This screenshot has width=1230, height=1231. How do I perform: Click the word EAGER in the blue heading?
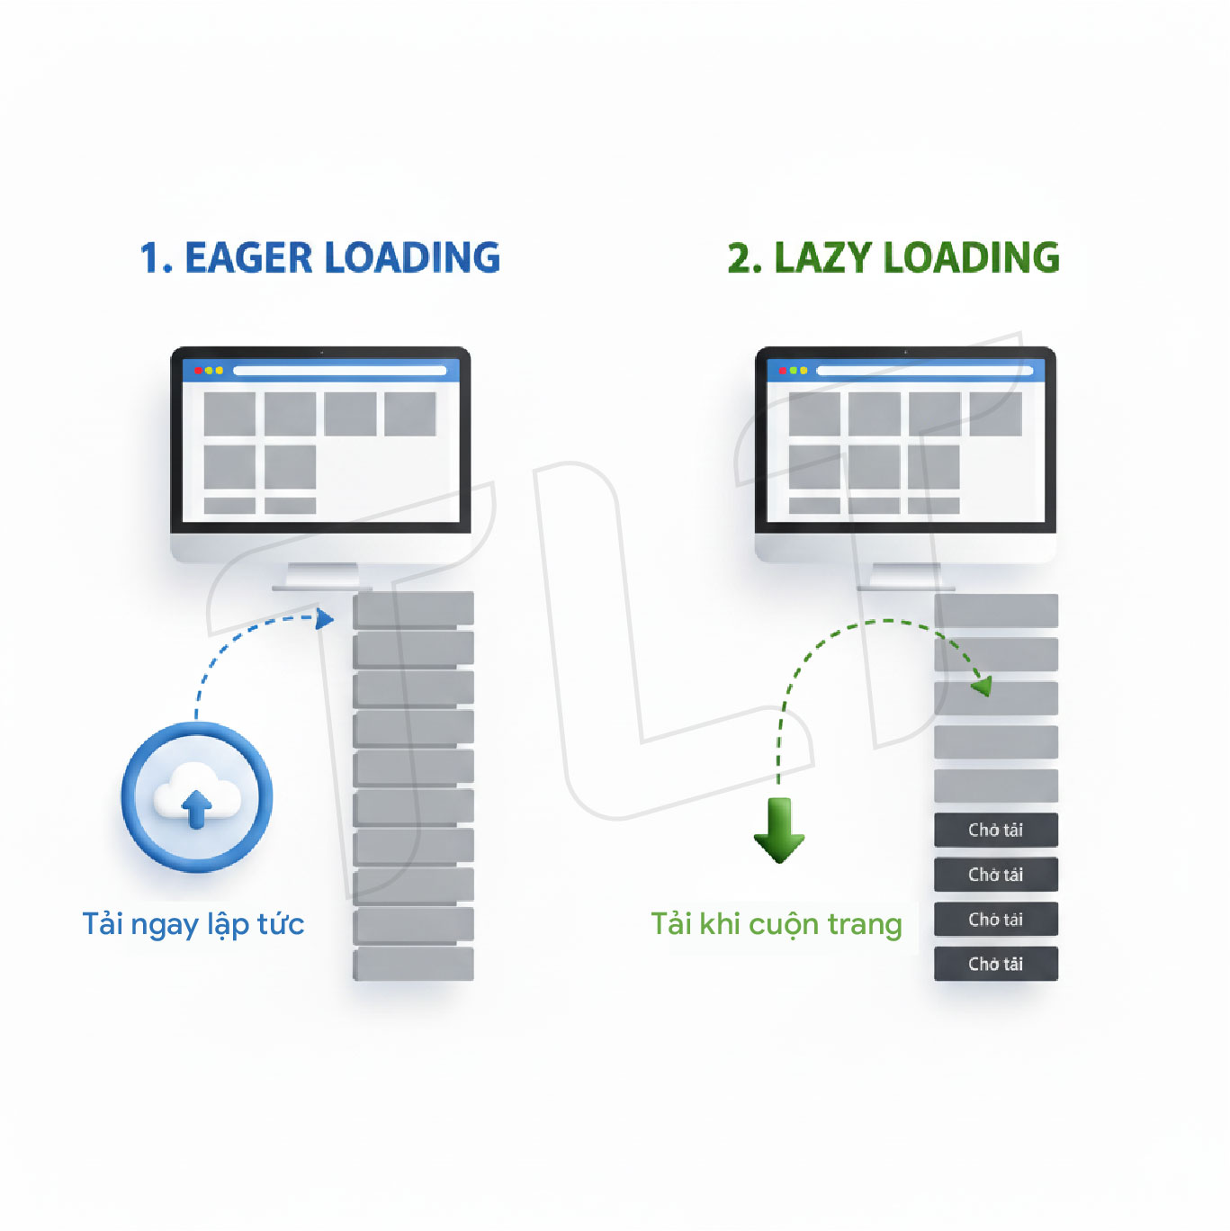pos(248,258)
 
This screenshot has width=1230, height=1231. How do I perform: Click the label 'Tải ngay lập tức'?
pos(193,924)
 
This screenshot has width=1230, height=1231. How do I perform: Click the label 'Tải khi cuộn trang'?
pos(777,924)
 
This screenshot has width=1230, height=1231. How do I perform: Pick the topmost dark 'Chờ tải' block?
pos(995,830)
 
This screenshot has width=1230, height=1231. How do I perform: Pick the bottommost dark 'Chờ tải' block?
pos(995,964)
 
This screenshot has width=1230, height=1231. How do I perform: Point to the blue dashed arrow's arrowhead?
pos(325,618)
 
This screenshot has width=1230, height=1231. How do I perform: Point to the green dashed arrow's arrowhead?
pos(983,687)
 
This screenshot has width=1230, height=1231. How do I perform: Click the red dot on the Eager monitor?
pos(198,371)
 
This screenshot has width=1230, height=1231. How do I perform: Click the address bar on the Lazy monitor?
pos(924,371)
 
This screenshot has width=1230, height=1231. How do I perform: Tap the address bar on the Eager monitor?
pos(340,371)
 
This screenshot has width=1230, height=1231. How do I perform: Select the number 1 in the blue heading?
pos(152,258)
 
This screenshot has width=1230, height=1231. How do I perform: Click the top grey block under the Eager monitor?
pos(413,609)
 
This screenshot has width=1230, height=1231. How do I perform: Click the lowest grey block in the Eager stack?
pos(413,964)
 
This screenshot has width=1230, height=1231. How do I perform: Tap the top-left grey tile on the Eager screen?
pos(229,414)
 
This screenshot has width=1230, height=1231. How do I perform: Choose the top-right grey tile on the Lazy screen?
pos(995,414)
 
